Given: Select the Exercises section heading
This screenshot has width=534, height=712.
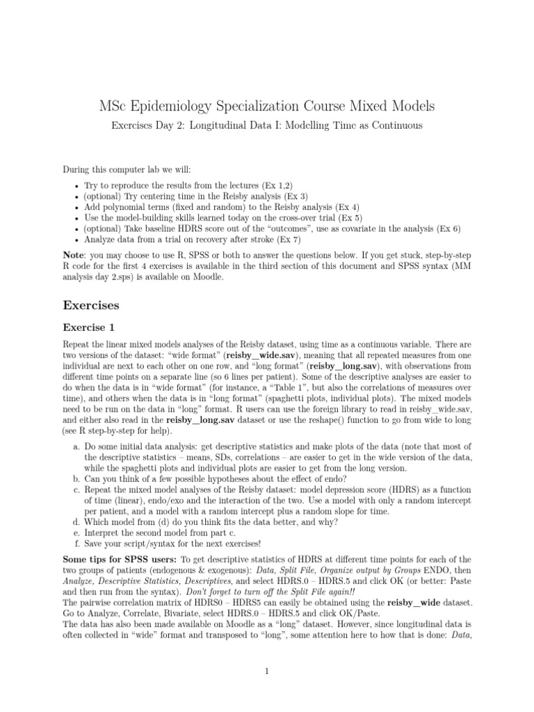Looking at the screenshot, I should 91,305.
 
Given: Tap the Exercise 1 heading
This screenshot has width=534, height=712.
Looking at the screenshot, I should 89,327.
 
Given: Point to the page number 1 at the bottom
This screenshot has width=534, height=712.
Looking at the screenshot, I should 267,671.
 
